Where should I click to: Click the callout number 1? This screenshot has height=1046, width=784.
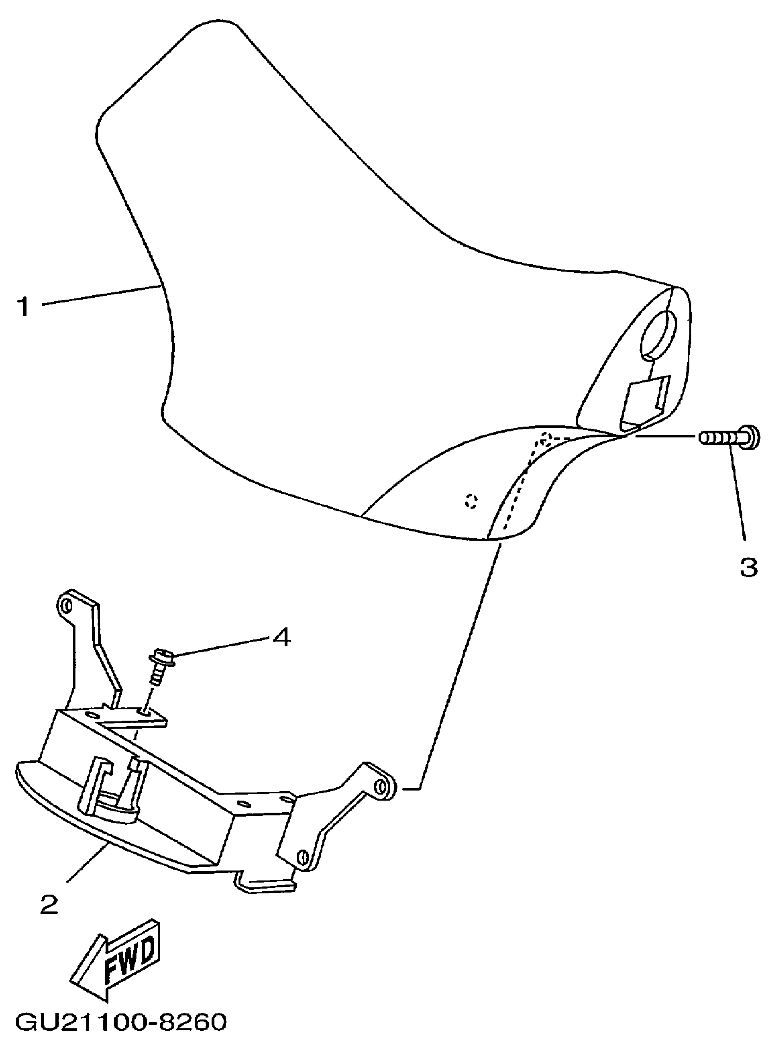click(x=23, y=306)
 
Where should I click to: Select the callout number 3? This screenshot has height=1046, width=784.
click(x=748, y=566)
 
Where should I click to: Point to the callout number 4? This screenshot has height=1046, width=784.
click(x=281, y=639)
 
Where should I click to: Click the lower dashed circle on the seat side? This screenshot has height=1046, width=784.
click(x=471, y=501)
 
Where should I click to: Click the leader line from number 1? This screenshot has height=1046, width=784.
click(x=99, y=295)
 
